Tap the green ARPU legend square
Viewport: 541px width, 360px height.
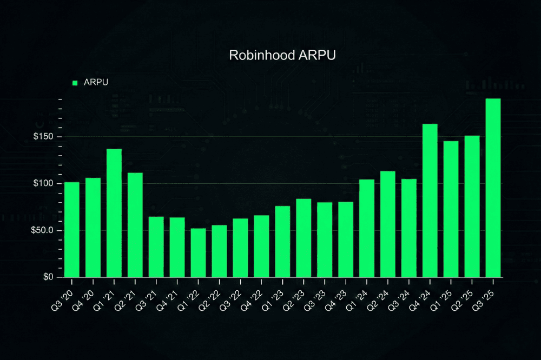(75, 83)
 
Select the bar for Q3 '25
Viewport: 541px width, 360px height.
(493, 188)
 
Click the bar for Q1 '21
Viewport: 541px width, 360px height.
(114, 213)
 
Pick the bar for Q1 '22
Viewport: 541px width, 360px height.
(198, 252)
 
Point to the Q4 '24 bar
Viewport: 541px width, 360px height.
(430, 201)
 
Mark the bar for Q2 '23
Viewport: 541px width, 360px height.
(304, 238)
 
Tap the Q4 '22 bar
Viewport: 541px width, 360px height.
(261, 246)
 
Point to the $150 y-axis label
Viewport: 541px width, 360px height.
(43, 137)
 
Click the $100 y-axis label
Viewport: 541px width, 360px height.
(43, 184)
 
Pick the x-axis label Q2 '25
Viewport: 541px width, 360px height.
(467, 293)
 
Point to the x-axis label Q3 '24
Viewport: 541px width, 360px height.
(404, 293)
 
